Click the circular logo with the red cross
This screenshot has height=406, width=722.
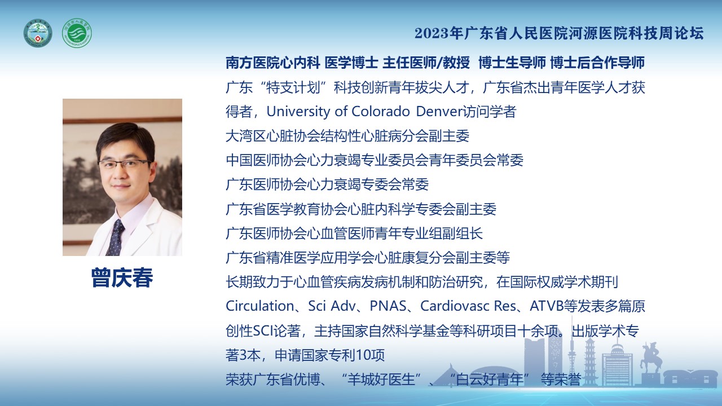click(x=38, y=33)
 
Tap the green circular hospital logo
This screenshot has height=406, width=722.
click(x=77, y=33)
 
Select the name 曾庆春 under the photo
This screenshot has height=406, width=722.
click(x=122, y=277)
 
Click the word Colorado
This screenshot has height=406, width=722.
click(x=380, y=112)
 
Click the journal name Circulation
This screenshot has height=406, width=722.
click(x=260, y=306)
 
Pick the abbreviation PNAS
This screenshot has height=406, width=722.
click(x=388, y=306)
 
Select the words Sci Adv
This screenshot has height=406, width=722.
click(x=332, y=306)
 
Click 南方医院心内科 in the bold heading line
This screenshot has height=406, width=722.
click(x=272, y=63)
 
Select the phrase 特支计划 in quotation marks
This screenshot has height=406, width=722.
click(x=293, y=87)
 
